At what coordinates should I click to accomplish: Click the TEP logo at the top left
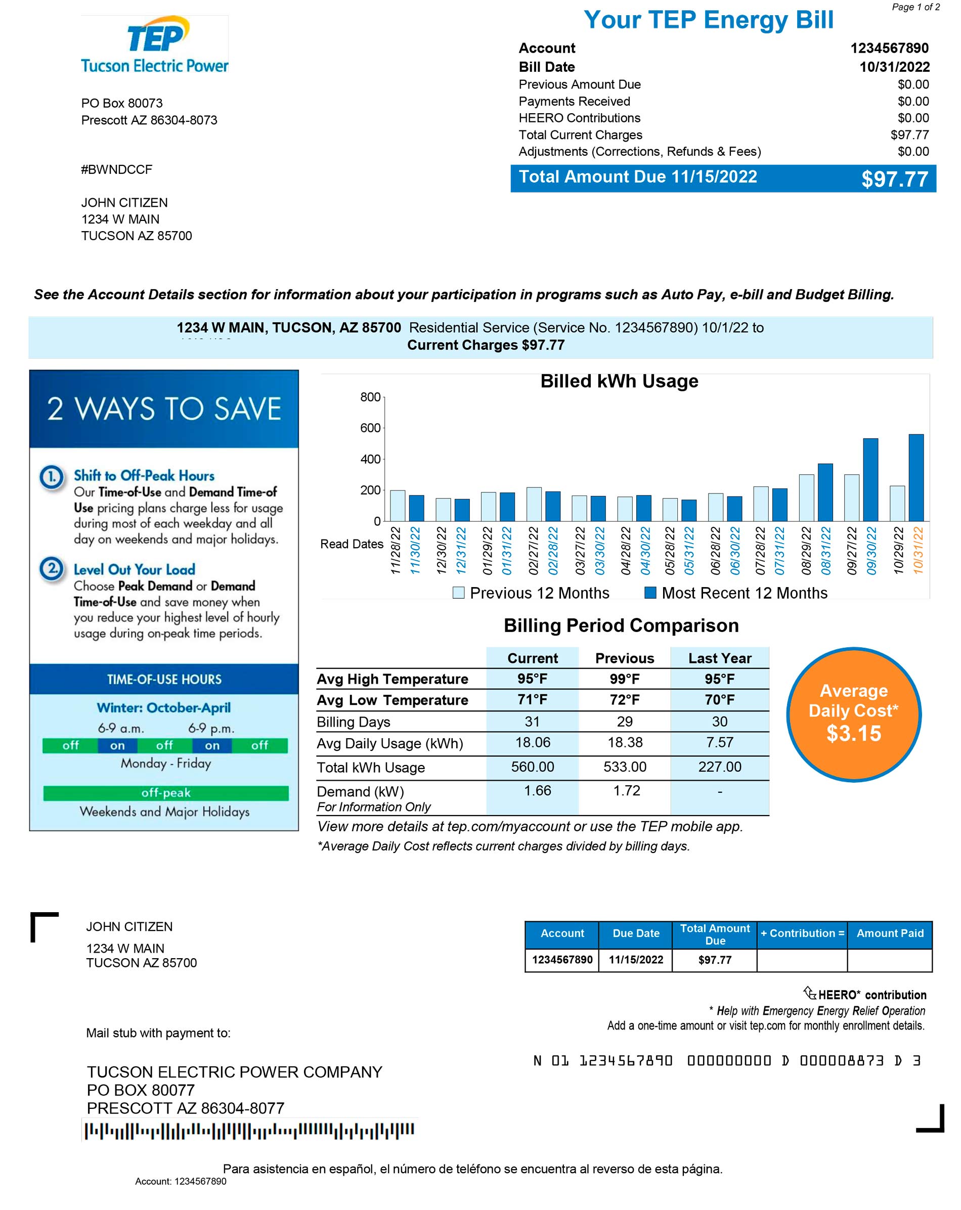coord(154,45)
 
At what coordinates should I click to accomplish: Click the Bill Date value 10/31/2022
coord(894,67)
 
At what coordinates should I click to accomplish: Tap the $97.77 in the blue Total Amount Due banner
coord(894,180)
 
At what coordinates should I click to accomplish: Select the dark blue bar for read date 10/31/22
coord(915,478)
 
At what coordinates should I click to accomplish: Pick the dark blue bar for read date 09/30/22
coord(870,480)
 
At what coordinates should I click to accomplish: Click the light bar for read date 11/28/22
coord(398,506)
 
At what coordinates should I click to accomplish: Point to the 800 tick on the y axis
coord(370,397)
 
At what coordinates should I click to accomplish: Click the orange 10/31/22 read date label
coord(917,550)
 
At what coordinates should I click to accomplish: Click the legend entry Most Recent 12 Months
coord(736,593)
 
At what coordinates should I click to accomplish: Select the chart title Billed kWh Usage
coord(619,382)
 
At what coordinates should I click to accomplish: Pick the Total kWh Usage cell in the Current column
coord(532,767)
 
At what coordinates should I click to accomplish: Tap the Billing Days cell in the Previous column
coord(624,722)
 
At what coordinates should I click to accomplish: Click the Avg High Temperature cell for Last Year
coord(719,679)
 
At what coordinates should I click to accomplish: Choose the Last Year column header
coord(719,658)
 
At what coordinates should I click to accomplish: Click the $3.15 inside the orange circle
coord(853,734)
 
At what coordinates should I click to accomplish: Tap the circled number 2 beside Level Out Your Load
coord(52,568)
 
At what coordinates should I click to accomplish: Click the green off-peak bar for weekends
coord(165,793)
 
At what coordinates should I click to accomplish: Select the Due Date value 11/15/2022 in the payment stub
coord(635,960)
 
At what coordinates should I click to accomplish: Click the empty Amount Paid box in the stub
coord(889,960)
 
